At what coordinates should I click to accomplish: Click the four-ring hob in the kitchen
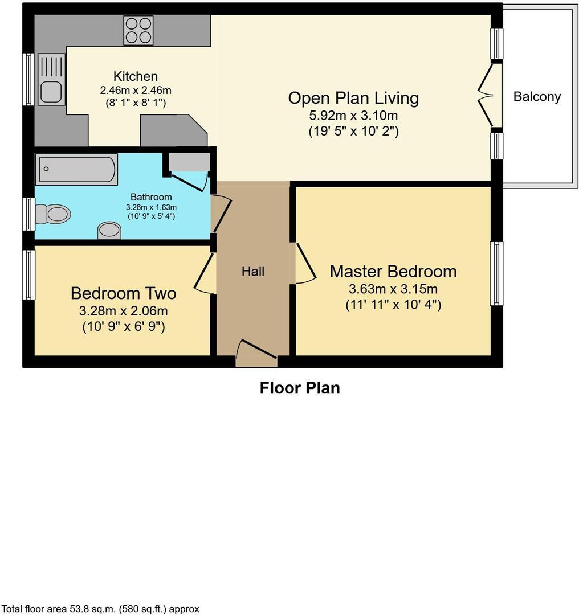138,30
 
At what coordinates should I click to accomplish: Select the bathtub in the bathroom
76,169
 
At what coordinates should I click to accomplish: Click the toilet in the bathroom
54,214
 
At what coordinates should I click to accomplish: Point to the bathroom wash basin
109,230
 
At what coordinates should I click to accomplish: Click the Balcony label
537,97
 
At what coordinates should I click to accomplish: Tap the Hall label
253,272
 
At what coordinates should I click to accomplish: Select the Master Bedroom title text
393,272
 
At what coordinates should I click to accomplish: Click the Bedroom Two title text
123,293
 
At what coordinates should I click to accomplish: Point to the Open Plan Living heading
353,98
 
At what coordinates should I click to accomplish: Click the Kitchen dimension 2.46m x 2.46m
136,90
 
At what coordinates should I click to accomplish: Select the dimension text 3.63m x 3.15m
393,289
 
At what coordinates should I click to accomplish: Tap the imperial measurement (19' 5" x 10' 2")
353,131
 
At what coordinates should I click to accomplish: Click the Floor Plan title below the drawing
300,388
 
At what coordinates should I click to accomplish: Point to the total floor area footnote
100,609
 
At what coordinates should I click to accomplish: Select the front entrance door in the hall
256,352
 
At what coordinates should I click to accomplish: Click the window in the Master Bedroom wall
497,273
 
